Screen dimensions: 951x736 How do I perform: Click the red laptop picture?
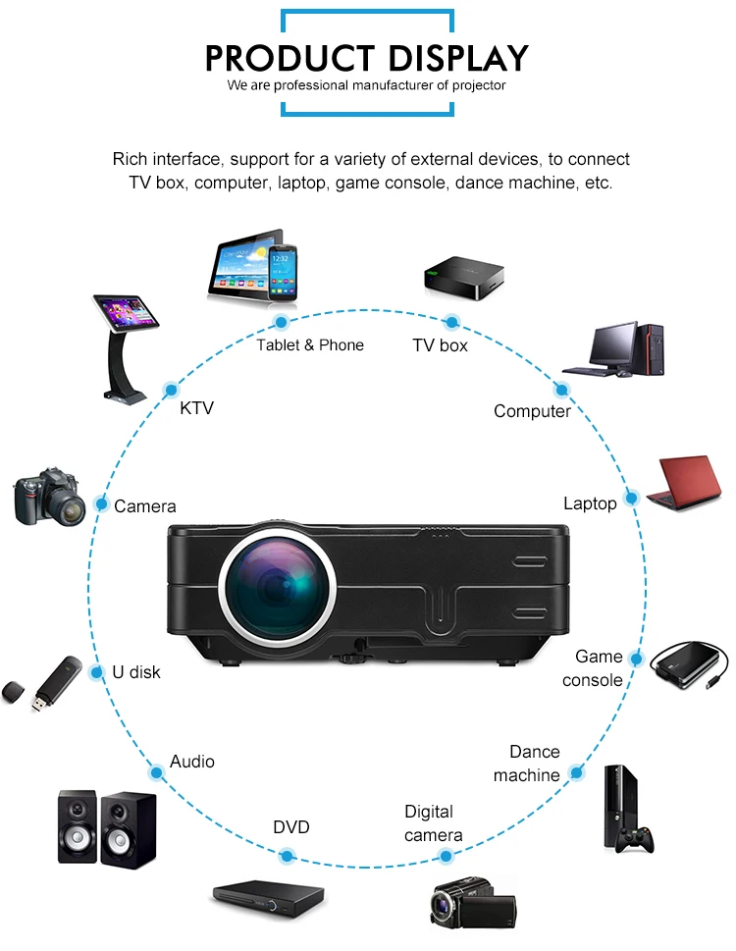pos(691,481)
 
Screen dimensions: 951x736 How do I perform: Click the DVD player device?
pos(268,895)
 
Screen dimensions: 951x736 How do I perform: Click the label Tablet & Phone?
pos(310,345)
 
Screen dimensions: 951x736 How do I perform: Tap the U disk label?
pos(135,673)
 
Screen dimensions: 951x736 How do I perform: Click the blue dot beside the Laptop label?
pos(632,499)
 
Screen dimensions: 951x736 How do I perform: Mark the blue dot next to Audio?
pos(156,769)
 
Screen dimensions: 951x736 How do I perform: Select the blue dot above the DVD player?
pos(287,857)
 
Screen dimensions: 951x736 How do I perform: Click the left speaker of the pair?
pos(78,826)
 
